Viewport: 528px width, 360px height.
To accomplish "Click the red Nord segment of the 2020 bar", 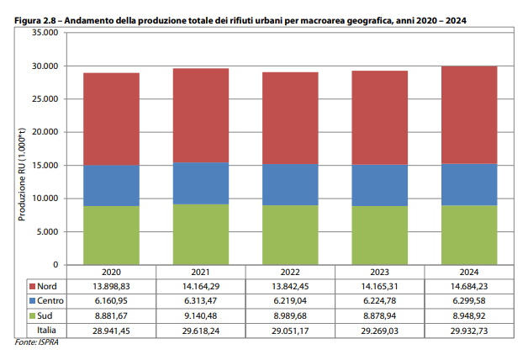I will (111, 119).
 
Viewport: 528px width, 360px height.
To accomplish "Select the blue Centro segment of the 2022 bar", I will (290, 184).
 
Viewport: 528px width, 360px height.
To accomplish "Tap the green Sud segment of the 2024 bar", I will (470, 235).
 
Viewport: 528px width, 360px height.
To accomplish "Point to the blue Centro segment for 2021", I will (201, 183).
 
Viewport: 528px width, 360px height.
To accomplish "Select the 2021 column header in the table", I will (201, 273).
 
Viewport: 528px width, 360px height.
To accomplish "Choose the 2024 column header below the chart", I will (470, 273).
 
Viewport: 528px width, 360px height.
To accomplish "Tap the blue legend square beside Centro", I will (31, 300).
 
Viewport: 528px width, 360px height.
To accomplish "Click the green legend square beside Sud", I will (31, 314).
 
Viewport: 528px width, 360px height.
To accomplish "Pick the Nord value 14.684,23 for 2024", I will (470, 287).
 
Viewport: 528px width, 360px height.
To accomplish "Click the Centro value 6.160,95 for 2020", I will (111, 300).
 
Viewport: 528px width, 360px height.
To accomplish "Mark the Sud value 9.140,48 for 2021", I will (201, 314).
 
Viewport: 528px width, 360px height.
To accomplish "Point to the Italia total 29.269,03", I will (380, 328).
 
